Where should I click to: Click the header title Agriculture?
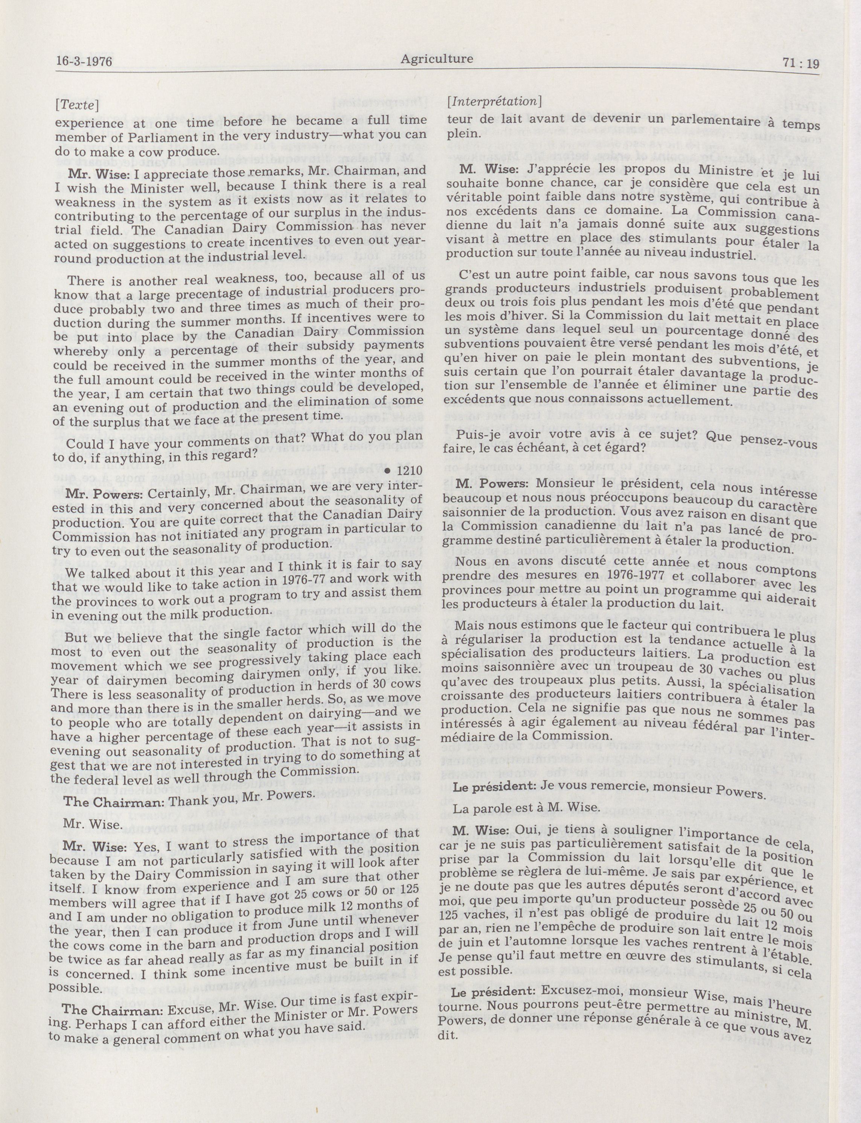pos(437,59)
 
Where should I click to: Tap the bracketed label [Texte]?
pos(77,105)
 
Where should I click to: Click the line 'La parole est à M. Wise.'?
pos(519,808)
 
